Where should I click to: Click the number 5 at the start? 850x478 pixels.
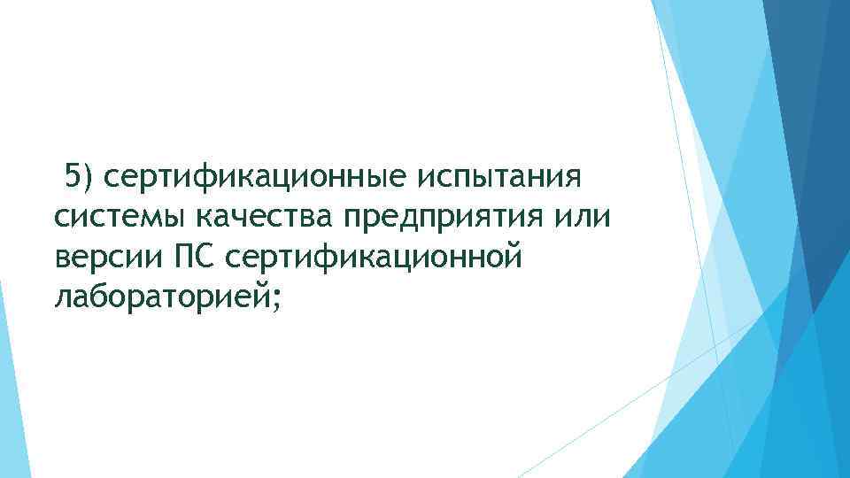point(72,175)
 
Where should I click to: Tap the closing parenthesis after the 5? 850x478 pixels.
point(87,177)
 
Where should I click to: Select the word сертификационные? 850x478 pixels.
point(250,177)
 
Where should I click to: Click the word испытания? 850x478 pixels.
point(498,177)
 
